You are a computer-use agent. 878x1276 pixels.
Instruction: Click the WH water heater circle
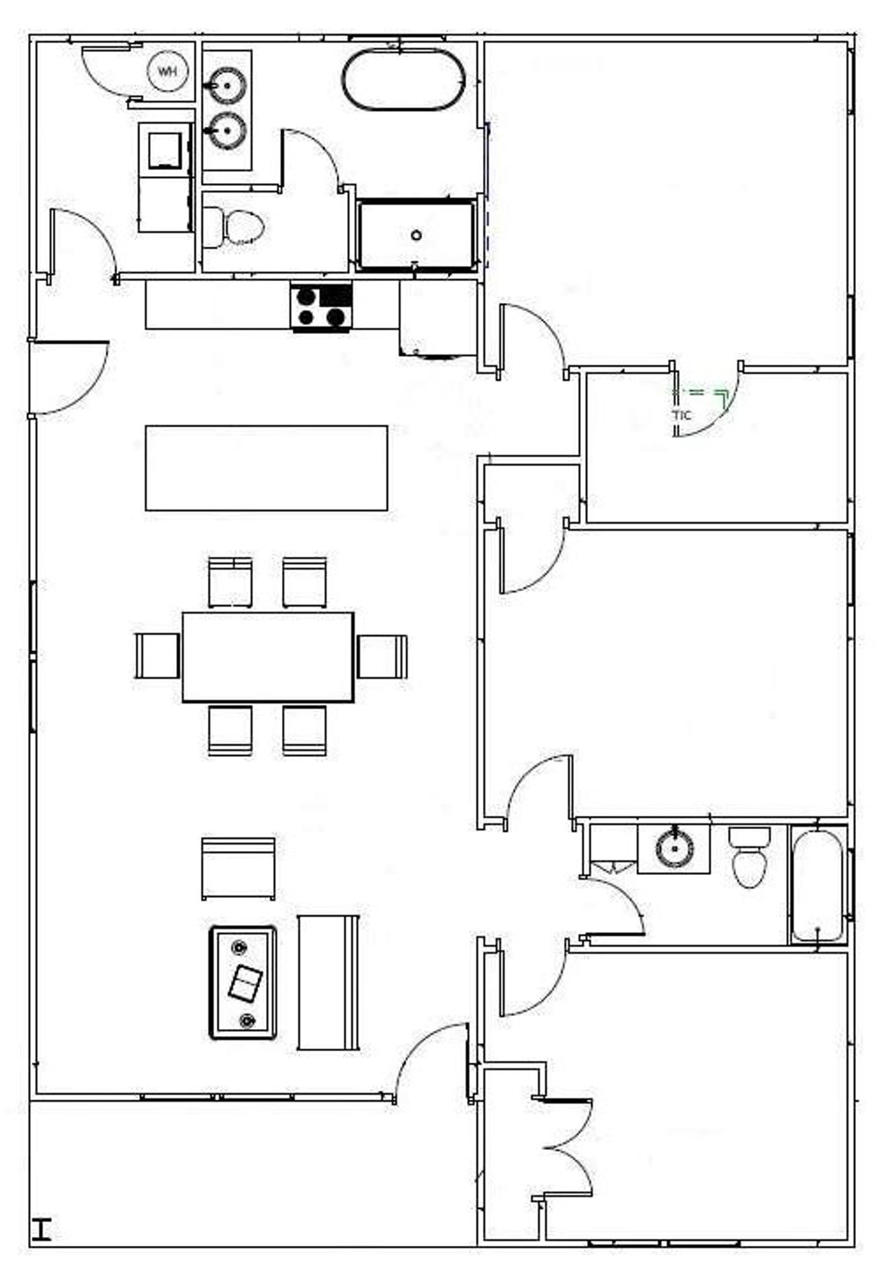168,71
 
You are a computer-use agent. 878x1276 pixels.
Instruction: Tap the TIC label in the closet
682,416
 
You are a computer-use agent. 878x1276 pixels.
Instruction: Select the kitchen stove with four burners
321,306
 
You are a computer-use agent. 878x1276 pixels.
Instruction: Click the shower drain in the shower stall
416,235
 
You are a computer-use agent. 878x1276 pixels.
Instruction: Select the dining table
268,656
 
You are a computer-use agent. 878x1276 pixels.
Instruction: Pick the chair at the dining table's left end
157,656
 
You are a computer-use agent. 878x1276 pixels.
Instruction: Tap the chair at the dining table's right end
382,656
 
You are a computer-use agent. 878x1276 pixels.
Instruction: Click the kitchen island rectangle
266,468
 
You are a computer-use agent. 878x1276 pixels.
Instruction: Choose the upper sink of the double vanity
228,85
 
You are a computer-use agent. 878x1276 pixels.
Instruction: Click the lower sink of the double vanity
228,130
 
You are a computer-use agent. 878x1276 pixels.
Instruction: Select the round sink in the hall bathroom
674,849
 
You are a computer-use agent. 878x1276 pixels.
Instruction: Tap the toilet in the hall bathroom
749,858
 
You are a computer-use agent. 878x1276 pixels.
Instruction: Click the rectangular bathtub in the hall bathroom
817,886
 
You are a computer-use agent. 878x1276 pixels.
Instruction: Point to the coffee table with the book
243,983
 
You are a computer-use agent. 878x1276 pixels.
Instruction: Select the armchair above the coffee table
239,868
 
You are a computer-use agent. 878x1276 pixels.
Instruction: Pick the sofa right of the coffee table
328,982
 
